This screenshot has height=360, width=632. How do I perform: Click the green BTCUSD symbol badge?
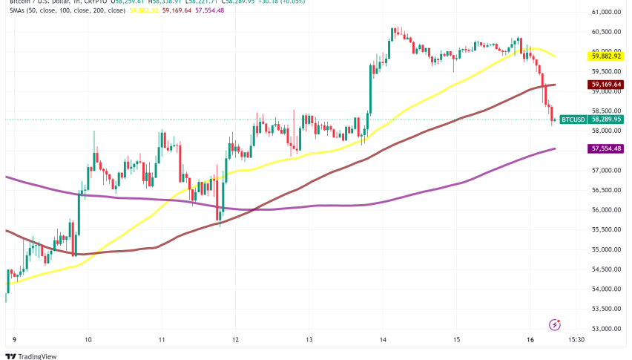click(573, 119)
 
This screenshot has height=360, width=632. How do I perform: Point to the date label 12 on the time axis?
click(235, 340)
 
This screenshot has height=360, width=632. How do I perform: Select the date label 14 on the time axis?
click(382, 340)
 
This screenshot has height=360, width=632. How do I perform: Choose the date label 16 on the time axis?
click(529, 340)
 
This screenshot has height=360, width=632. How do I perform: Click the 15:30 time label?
click(577, 340)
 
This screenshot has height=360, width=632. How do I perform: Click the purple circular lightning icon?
click(554, 324)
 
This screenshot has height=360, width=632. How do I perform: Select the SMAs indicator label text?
click(16, 11)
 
